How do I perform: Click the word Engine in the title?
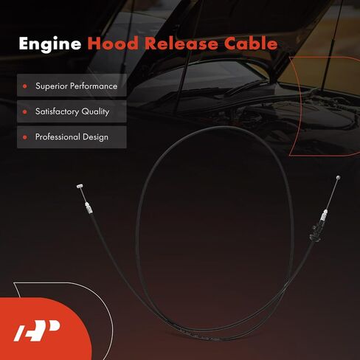coord(50,44)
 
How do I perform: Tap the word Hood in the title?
coord(113,44)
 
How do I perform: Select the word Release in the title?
coord(181,44)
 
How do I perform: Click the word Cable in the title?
coord(251,44)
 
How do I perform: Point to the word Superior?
coord(52,86)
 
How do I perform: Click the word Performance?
coord(94,86)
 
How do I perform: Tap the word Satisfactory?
coord(57,111)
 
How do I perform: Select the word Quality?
coord(95,112)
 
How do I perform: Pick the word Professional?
coord(58,137)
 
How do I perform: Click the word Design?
coord(96,137)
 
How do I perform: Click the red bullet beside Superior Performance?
coord(24,86)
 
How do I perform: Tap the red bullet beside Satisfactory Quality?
coord(24,112)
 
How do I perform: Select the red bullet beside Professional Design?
coord(24,137)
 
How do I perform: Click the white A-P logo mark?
coord(37,330)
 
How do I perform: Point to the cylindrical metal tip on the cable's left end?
coord(80,186)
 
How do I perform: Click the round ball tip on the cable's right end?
coord(339,177)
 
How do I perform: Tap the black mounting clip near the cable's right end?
coord(316,233)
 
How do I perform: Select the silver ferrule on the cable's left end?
coord(89,208)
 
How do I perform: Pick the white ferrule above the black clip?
coord(324,215)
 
